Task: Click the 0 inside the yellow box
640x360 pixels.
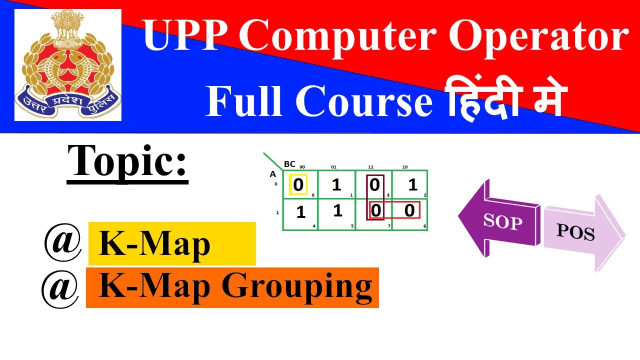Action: [298, 185]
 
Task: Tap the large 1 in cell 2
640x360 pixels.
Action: [412, 185]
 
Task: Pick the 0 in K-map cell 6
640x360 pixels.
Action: [409, 210]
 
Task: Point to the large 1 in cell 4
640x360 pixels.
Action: [300, 212]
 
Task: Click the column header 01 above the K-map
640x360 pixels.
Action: [333, 167]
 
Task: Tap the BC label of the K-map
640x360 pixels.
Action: [289, 164]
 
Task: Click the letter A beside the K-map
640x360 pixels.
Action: [273, 174]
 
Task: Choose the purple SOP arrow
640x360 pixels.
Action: [500, 220]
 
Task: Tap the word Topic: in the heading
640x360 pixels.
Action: [127, 161]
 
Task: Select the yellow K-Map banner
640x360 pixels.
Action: [171, 244]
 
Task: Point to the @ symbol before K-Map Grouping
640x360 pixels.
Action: [60, 289]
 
